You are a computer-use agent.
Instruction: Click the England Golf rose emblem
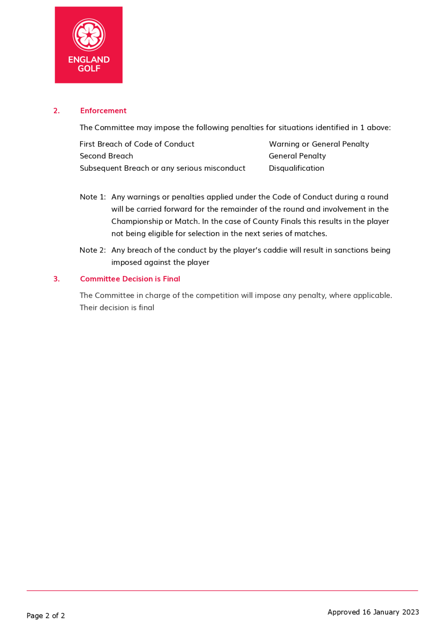(89, 35)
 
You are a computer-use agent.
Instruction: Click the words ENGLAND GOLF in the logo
(89, 64)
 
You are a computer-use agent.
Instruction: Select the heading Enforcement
(103, 111)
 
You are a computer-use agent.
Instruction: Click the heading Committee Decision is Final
(130, 279)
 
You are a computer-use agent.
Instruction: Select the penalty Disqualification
(296, 168)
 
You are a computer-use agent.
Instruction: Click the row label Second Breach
(106, 156)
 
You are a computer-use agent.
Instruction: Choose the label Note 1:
(93, 197)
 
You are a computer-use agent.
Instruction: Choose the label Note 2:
(93, 250)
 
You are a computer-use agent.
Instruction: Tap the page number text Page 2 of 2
(45, 616)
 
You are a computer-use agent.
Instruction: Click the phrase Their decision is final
(117, 308)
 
